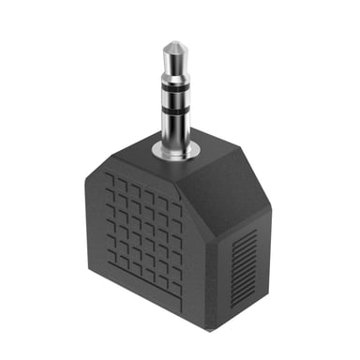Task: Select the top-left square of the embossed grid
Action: coord(110,175)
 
